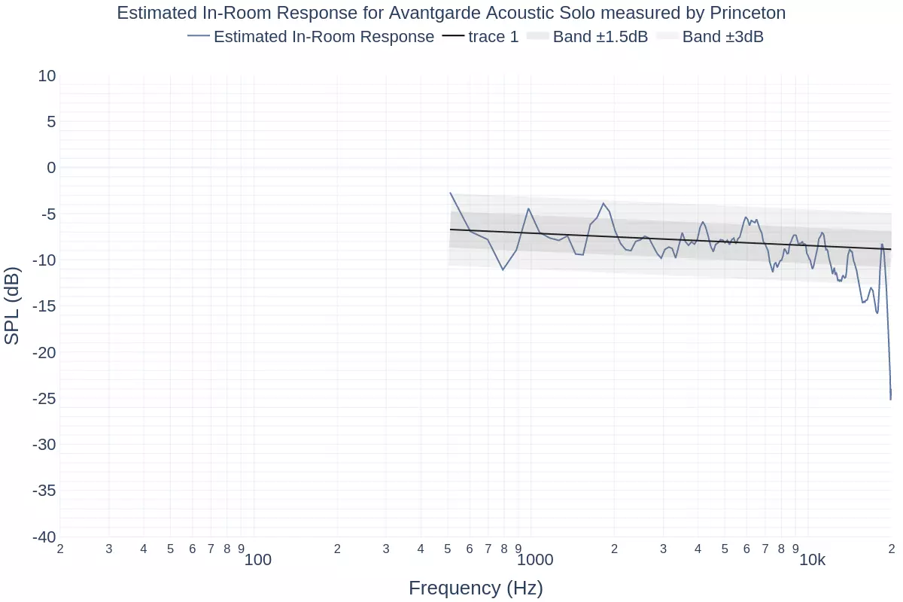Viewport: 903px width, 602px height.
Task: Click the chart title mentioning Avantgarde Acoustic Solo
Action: pyautogui.click(x=451, y=13)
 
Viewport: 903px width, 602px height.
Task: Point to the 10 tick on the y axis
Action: pyautogui.click(x=47, y=75)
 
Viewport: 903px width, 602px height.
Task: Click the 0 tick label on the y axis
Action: pyautogui.click(x=51, y=167)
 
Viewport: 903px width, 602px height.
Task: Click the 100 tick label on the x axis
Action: pyautogui.click(x=258, y=560)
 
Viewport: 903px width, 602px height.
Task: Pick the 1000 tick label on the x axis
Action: pyautogui.click(x=535, y=560)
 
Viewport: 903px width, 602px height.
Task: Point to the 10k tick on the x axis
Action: pyautogui.click(x=812, y=560)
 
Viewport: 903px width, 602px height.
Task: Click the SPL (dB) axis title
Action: pyautogui.click(x=13, y=306)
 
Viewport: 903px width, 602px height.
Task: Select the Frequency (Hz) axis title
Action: pyautogui.click(x=476, y=588)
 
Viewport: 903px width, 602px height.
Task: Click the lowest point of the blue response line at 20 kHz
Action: pyautogui.click(x=890, y=400)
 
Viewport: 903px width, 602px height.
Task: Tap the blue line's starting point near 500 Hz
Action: pyautogui.click(x=450, y=193)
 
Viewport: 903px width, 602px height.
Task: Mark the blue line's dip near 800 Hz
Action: pyautogui.click(x=503, y=269)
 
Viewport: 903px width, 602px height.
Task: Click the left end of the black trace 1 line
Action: pyautogui.click(x=450, y=229)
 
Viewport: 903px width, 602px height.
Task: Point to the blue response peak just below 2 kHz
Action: pyautogui.click(x=603, y=203)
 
